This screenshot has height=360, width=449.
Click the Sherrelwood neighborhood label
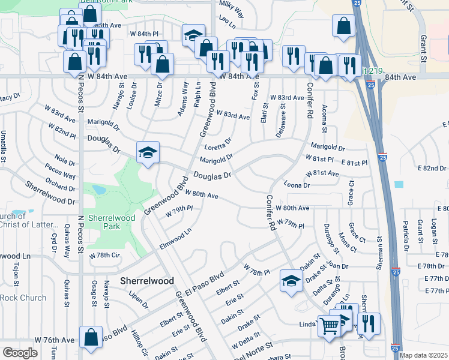(x=147, y=280)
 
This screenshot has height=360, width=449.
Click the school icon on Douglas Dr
(x=147, y=152)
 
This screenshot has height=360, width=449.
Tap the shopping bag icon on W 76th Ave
(x=91, y=337)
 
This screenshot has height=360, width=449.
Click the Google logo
(x=20, y=353)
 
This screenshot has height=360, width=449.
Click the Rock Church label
(x=23, y=298)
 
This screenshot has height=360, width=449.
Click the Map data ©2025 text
(x=423, y=355)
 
